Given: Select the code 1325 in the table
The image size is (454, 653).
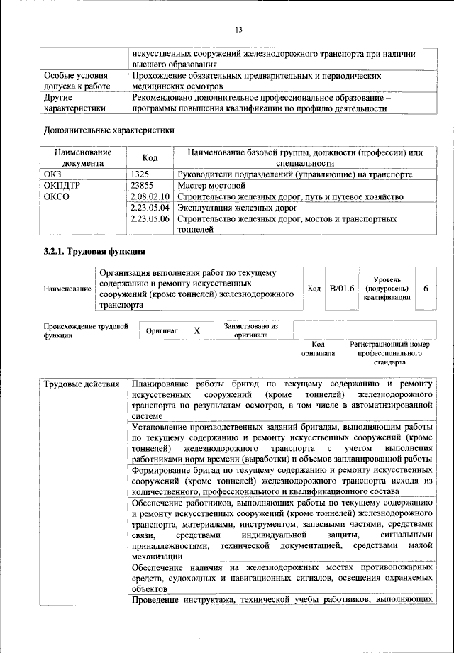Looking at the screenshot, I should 140,174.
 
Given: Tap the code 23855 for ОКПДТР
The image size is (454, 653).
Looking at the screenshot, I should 143,185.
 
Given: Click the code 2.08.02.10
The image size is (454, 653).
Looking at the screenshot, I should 150,196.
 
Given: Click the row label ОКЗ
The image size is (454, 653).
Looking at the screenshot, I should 54,174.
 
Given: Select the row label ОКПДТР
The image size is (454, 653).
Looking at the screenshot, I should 62,185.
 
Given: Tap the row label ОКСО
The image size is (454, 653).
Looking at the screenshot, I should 57,196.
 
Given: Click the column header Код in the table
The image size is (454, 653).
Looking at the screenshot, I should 150,157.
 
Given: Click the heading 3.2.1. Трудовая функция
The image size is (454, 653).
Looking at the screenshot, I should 95,252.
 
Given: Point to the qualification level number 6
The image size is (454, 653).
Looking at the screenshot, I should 426,289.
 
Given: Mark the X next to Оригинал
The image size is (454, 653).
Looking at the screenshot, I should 197,331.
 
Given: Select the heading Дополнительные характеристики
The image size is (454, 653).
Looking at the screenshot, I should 109,130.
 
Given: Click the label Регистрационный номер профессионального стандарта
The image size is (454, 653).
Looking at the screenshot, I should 389,352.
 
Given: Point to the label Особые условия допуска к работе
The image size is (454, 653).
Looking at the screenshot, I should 77,80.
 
